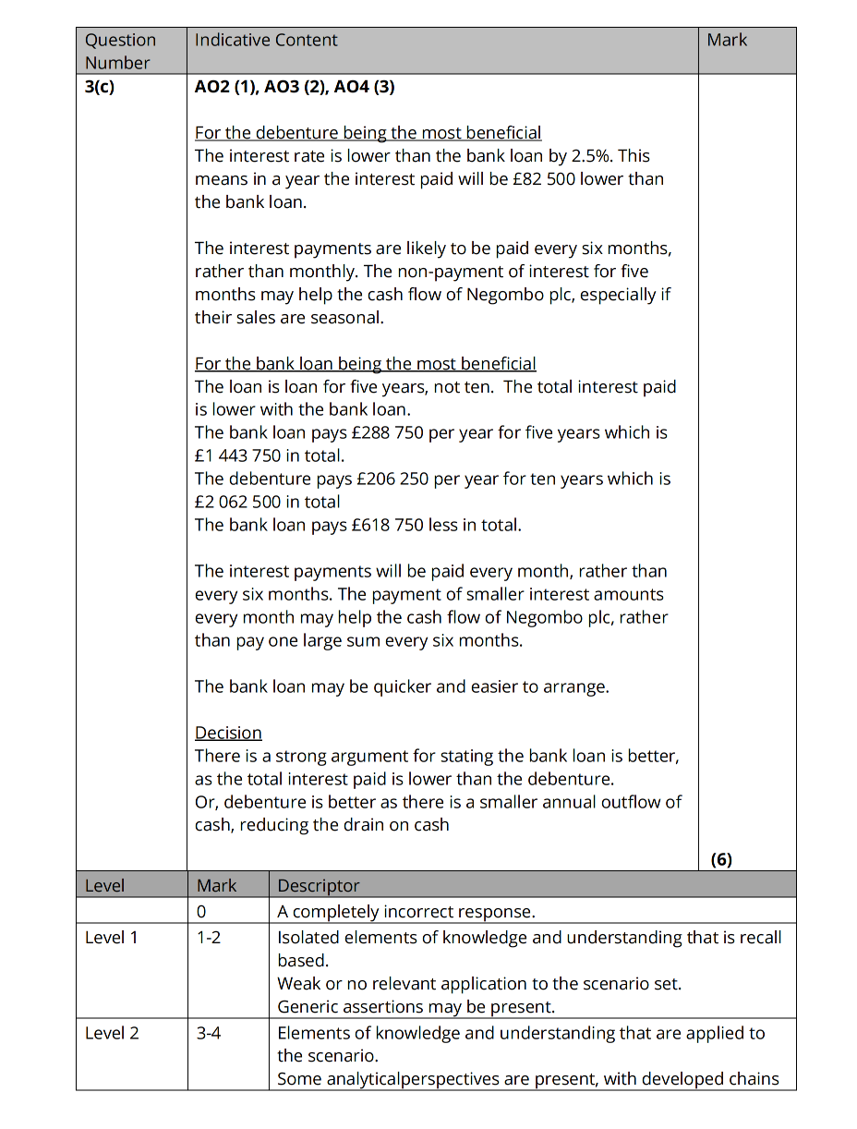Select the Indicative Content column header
pyautogui.click(x=266, y=41)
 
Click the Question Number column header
pyautogui.click(x=120, y=52)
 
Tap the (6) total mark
pyautogui.click(x=721, y=859)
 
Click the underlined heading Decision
pyautogui.click(x=228, y=733)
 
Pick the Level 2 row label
pyautogui.click(x=112, y=1033)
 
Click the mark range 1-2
pyautogui.click(x=209, y=938)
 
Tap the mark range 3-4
pyautogui.click(x=209, y=1033)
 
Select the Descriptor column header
pyautogui.click(x=319, y=885)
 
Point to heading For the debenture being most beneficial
pyautogui.click(x=368, y=133)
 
